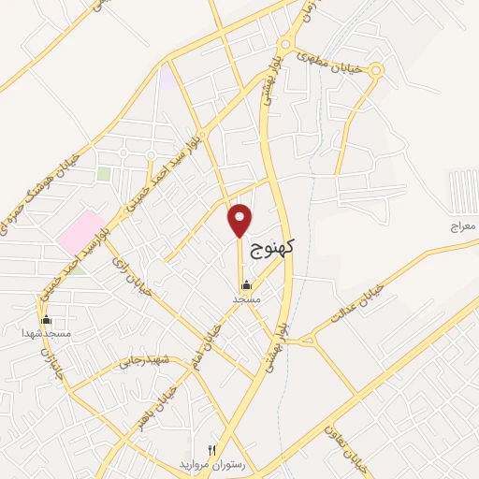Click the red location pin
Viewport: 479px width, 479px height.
(x=240, y=220)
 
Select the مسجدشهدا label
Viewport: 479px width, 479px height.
(x=47, y=332)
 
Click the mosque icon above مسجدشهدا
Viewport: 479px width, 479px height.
(x=47, y=320)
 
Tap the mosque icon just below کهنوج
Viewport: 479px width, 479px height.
(x=246, y=285)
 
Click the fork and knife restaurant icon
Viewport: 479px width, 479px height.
(x=211, y=450)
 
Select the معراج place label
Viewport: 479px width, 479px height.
(x=462, y=227)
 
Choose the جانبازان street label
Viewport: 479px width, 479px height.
(x=44, y=365)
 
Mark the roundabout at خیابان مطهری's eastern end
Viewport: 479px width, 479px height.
(x=376, y=70)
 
